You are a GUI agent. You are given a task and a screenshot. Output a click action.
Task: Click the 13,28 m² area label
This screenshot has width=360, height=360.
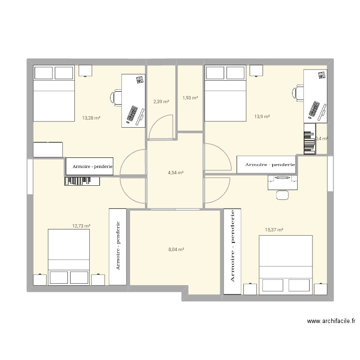[x=91, y=118]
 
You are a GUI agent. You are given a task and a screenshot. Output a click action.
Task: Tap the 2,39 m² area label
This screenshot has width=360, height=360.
[x=160, y=101]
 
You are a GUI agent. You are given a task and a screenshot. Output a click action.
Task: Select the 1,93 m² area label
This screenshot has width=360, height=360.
[x=190, y=98]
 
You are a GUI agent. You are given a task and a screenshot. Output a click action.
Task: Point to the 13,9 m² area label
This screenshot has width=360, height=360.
[x=263, y=116]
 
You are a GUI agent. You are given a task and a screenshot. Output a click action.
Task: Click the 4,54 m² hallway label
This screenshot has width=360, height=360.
[x=175, y=173]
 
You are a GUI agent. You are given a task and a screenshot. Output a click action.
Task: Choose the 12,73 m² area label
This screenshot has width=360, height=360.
[x=82, y=225]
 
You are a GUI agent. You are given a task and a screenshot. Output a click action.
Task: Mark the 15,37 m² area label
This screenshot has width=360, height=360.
[x=274, y=230]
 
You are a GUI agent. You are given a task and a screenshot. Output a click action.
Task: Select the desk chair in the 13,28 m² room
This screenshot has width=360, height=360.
[x=116, y=97]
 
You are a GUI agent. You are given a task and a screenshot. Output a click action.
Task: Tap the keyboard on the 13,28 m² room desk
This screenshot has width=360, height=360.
[x=131, y=113]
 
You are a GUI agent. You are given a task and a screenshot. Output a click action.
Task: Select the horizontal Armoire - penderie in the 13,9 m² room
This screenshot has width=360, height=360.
[x=267, y=165]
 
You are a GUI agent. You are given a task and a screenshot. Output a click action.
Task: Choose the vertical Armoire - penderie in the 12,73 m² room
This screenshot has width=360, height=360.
[x=118, y=246]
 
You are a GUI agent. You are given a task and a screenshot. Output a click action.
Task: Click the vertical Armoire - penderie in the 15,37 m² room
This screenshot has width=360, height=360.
[x=232, y=251]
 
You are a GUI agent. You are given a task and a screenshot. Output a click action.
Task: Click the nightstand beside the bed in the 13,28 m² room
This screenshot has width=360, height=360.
[x=85, y=71]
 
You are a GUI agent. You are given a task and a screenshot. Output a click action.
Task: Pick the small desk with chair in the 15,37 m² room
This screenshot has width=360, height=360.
[x=282, y=182]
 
